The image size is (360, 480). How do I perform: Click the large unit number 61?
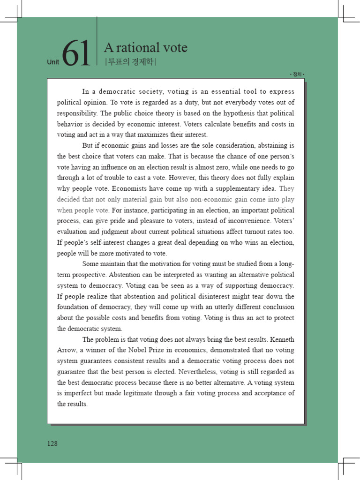(75, 53)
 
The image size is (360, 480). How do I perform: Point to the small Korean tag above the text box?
(297, 75)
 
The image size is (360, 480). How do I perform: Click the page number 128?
(52, 443)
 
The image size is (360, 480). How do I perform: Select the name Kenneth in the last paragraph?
(282, 339)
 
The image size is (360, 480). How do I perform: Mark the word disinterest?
(220, 296)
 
